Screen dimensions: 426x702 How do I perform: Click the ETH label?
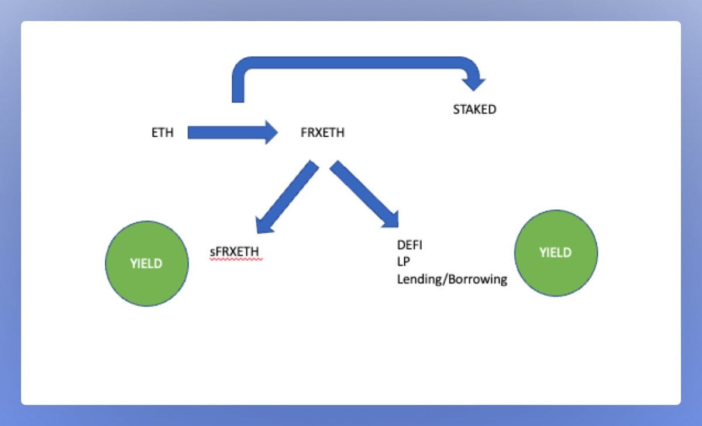tap(163, 133)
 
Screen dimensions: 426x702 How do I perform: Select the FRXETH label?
tap(322, 133)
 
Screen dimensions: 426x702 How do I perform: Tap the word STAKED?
tap(474, 109)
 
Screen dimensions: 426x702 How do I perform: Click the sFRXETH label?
tap(234, 252)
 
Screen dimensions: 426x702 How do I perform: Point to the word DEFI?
tap(409, 245)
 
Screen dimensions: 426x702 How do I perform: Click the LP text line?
tap(404, 262)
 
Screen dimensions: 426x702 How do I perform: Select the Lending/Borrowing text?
tap(452, 279)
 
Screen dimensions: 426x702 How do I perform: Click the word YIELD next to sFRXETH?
tap(146, 264)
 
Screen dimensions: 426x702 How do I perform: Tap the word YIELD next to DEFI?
tap(555, 252)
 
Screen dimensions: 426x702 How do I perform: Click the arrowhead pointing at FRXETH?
tap(270, 133)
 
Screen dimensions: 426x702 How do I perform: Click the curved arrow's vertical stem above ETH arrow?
tap(238, 88)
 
